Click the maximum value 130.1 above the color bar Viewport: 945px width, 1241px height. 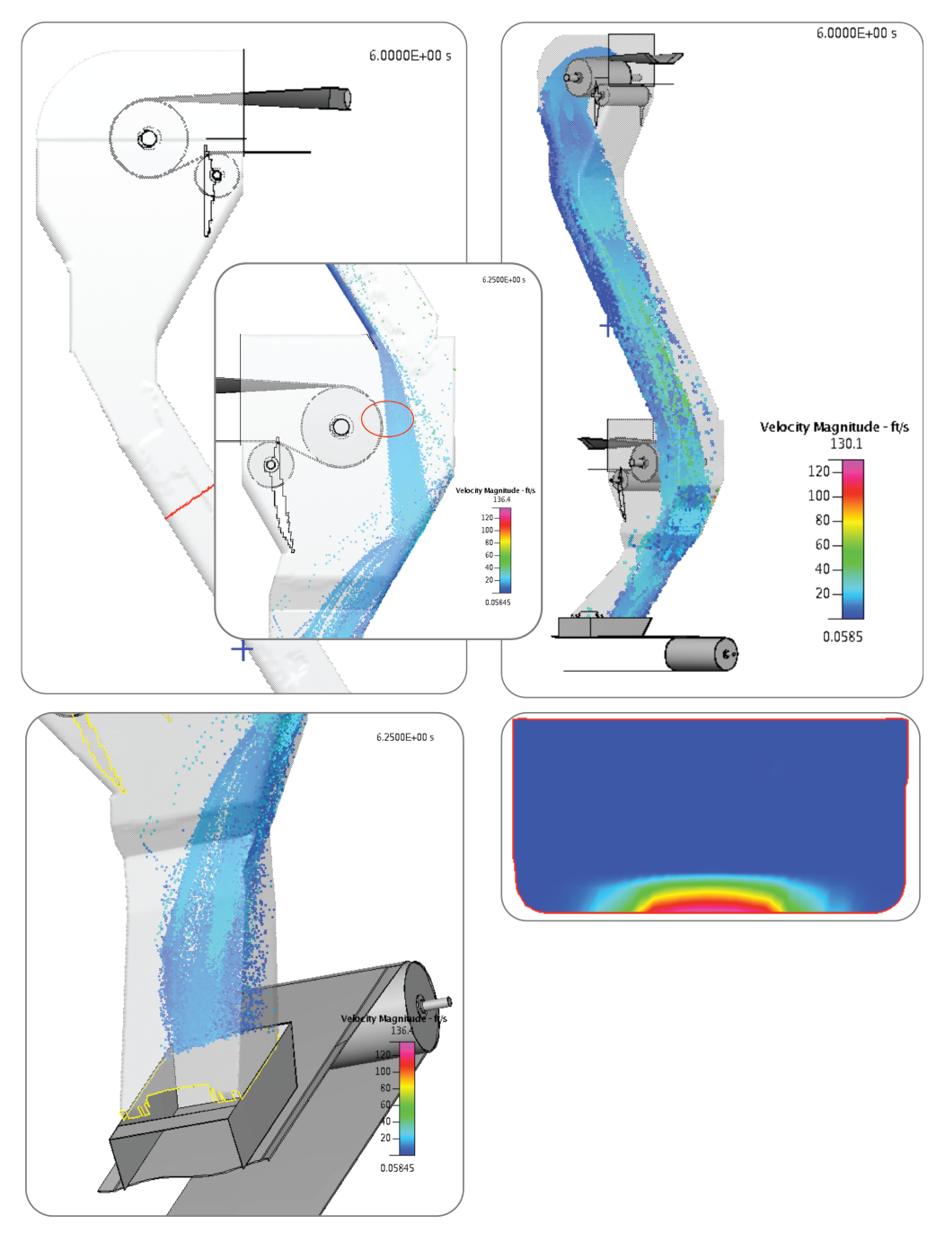point(845,444)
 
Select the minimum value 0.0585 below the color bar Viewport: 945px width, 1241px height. point(842,637)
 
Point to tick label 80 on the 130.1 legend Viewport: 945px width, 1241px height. point(822,520)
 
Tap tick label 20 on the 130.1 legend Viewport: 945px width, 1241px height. point(822,594)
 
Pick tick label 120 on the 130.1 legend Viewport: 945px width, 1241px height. point(818,471)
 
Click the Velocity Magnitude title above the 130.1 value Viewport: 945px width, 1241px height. point(834,427)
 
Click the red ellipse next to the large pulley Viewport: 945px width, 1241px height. point(387,418)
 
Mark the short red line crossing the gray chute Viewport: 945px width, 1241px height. point(190,503)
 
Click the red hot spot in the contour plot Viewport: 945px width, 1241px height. point(710,902)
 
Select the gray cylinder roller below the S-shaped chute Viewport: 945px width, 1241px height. point(701,654)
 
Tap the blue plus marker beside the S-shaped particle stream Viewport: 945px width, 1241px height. point(609,327)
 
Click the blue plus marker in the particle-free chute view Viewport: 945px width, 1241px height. point(242,649)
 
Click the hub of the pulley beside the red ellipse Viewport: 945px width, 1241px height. point(340,427)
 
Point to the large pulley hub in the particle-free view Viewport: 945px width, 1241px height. point(148,138)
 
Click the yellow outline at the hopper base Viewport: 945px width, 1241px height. point(180,1100)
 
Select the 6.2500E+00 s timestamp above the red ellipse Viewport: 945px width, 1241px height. point(503,280)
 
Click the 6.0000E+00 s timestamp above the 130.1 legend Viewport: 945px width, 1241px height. point(856,33)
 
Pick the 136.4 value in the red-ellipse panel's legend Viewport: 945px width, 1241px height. point(501,499)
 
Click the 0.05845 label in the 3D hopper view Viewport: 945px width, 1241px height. point(397,1168)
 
